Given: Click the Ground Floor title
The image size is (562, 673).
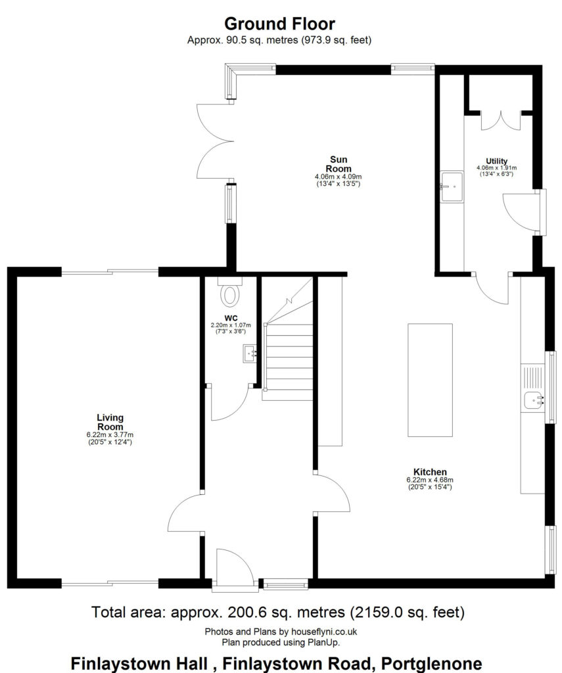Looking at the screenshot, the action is point(279,24).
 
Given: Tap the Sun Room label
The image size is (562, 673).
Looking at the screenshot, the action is point(339,164).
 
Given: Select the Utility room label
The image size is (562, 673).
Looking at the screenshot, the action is point(496,162).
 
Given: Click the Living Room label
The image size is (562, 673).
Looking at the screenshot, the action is point(110,422).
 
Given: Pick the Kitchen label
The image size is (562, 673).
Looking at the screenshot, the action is point(430,472).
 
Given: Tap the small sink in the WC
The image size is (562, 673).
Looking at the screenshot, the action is point(250,353).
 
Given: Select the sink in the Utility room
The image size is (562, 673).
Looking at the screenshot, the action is point(452,187).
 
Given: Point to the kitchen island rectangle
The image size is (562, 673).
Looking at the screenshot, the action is point(430,380).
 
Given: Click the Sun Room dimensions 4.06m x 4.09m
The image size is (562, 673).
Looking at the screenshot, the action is point(339,176).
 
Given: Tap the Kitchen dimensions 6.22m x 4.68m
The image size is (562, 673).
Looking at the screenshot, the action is point(430,480).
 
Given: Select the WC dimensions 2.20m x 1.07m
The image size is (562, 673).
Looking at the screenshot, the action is point(231,325).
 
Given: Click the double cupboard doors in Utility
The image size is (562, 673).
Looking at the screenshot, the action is point(501,120).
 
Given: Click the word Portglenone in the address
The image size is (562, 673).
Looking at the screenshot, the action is point(431,663).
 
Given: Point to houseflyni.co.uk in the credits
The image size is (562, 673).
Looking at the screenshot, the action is point(323,632).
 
